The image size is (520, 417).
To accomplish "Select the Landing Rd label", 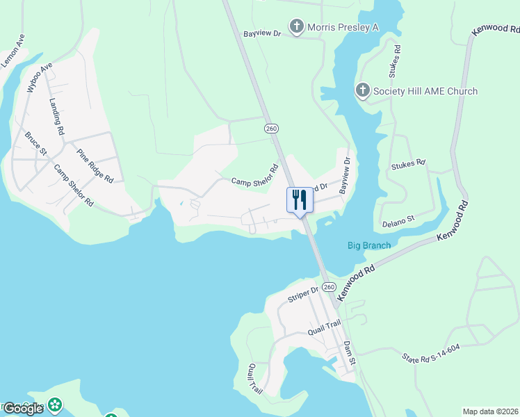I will (x=56, y=115).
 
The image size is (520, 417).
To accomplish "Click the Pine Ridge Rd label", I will (x=95, y=165).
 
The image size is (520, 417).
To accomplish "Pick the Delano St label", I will (x=398, y=218).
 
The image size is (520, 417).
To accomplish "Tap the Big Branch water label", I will (x=369, y=245).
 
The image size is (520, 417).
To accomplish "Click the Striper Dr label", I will (x=302, y=294).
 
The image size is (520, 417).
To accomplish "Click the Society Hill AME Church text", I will (x=425, y=91).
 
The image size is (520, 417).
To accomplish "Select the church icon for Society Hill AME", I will (x=362, y=91).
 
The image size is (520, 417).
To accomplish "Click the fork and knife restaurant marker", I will (x=300, y=200).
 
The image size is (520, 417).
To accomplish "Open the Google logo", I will (x=23, y=408).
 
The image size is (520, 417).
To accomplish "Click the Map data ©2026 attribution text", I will (x=490, y=411).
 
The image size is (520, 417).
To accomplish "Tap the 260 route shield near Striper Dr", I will (x=329, y=287).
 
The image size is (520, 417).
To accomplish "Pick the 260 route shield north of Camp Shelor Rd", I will (x=271, y=129).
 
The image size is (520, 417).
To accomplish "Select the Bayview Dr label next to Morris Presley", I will (x=261, y=33).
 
